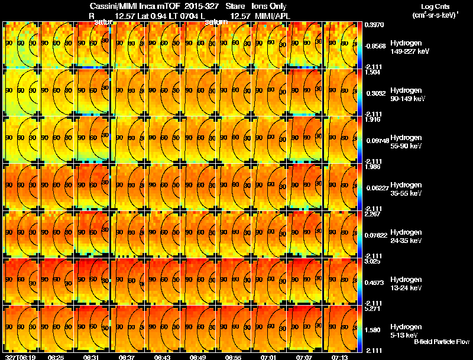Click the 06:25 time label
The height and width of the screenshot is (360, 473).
point(56,358)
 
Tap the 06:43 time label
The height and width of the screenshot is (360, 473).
point(162,358)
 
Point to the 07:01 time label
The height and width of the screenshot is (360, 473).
point(268,358)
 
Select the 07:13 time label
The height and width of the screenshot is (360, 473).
point(339,358)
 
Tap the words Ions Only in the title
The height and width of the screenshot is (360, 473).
point(269,6)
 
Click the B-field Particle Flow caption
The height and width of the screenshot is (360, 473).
point(441,342)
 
